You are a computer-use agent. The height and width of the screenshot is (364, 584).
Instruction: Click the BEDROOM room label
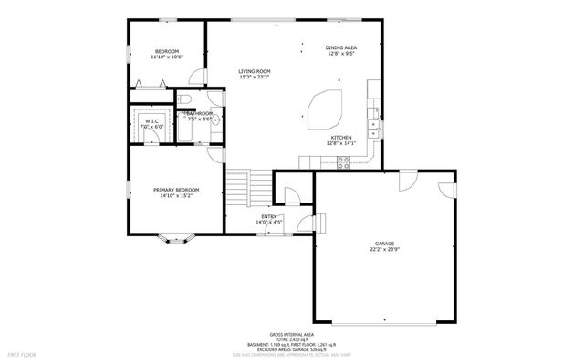coord(167,51)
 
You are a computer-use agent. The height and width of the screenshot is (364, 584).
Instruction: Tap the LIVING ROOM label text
coord(255,71)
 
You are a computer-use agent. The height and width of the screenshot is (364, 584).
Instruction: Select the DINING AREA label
coord(340,47)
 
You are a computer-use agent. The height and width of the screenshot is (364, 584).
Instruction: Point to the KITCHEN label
coord(340,138)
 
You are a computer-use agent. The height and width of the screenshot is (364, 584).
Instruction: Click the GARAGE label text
coord(383,244)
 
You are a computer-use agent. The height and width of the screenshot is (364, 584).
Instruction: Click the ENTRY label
coord(269,216)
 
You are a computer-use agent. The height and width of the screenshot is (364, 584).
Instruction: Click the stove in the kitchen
coord(344,162)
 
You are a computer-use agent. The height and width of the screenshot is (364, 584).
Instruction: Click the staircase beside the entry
coord(238,191)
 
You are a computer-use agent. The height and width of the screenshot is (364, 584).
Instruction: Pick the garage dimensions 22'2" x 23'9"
coord(383,249)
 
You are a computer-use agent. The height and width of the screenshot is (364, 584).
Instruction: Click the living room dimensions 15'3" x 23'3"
coord(255,77)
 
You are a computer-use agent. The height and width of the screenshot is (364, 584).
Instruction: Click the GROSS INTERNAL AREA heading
coord(291,334)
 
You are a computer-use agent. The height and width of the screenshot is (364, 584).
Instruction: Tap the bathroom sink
coord(215,120)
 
